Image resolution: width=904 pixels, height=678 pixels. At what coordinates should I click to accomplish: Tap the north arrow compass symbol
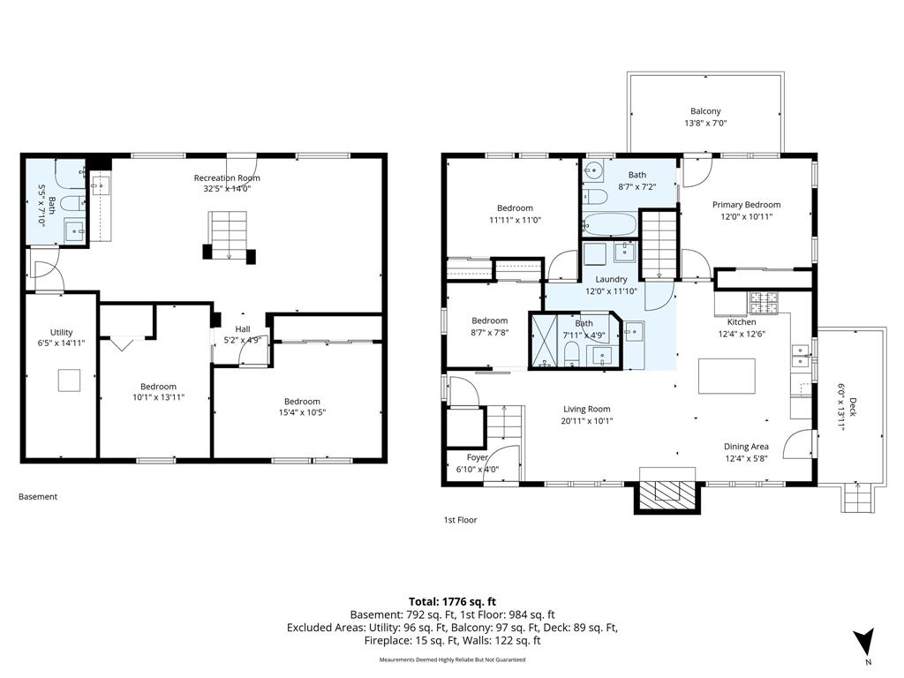863,641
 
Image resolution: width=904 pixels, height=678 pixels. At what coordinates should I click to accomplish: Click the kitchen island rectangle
727,376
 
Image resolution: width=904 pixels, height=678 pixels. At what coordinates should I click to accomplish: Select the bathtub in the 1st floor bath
609,224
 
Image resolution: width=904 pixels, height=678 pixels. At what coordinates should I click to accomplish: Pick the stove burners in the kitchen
764,300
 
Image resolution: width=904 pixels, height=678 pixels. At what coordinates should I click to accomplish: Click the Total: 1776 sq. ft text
452,602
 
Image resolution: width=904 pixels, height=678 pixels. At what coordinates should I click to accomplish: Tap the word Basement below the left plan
38,496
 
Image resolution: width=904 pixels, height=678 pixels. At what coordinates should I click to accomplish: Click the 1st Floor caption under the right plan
460,519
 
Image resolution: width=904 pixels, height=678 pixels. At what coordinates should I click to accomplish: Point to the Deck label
847,408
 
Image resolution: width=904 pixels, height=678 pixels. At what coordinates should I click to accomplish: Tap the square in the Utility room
69,380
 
